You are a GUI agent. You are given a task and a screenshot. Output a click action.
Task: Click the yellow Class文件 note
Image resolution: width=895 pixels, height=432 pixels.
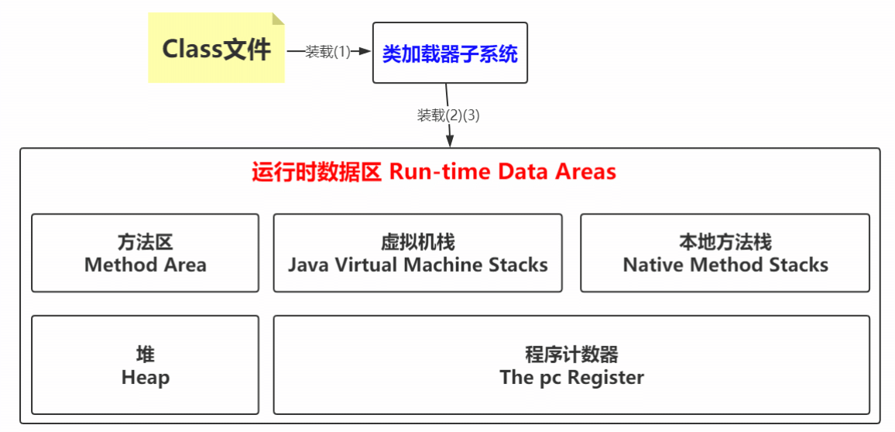point(216,49)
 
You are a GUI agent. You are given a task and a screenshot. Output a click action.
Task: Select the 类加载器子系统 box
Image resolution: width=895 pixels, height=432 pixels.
point(450,53)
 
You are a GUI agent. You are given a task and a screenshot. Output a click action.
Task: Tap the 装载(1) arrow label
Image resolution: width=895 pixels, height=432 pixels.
point(328,52)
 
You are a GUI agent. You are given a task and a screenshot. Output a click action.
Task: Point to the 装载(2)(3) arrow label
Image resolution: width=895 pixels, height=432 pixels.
point(449,115)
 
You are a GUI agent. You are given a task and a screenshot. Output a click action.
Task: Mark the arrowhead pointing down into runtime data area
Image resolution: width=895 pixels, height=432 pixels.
point(450,141)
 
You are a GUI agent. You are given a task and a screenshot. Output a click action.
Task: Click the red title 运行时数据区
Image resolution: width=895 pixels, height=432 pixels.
point(317,171)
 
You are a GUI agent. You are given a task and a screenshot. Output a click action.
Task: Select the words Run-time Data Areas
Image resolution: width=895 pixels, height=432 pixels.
point(502,171)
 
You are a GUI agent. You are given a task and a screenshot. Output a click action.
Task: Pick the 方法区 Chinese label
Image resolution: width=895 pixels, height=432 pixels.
point(146,242)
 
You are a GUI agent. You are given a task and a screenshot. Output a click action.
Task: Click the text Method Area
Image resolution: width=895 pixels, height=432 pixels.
point(146,265)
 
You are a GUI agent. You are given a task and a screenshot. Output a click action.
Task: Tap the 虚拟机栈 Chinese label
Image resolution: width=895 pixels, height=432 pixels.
point(418,242)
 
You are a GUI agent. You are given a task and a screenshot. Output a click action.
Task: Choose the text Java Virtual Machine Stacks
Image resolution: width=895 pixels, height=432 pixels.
point(418,265)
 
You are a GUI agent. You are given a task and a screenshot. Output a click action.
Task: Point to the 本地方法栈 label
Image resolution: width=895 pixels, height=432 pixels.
point(725,242)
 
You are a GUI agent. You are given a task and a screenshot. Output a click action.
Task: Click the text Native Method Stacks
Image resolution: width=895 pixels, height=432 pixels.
point(725,265)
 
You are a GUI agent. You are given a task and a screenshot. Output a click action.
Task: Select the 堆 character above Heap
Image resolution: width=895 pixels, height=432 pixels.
point(146,355)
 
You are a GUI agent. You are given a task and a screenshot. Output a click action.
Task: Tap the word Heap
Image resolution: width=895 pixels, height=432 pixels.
point(146,378)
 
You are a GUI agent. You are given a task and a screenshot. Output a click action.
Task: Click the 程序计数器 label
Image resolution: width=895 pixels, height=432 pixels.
point(572,355)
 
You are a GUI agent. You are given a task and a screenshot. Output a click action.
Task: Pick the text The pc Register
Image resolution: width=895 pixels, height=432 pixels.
point(572,378)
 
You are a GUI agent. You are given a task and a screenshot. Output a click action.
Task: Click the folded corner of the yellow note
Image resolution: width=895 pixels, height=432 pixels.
point(278,19)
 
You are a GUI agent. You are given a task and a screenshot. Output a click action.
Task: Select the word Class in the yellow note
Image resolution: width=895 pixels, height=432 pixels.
point(192,49)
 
